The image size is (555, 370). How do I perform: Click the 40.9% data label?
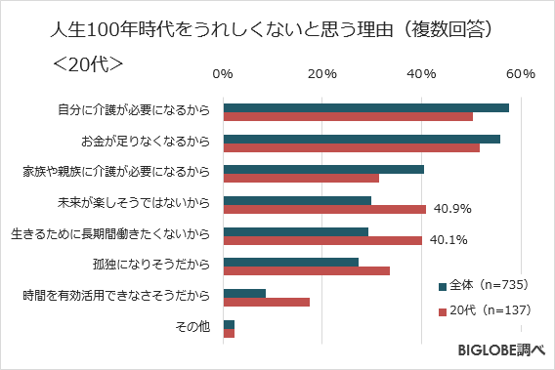click(x=452, y=209)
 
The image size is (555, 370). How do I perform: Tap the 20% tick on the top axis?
click(x=322, y=74)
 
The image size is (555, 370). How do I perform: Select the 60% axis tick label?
click(x=520, y=74)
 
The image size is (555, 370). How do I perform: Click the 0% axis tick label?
click(x=223, y=74)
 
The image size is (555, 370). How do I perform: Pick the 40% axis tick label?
click(x=421, y=74)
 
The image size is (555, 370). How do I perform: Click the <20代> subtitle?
click(x=86, y=63)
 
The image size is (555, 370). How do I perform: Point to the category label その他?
click(x=192, y=325)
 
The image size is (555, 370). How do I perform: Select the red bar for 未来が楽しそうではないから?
click(x=324, y=209)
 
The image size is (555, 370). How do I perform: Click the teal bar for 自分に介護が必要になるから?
click(x=366, y=107)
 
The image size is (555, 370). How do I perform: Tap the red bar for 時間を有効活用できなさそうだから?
click(x=267, y=302)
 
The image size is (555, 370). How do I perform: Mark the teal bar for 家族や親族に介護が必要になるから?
click(x=323, y=170)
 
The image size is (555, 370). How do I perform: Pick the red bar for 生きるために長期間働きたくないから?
click(x=322, y=240)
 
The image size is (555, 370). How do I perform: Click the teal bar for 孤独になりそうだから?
click(x=291, y=262)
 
